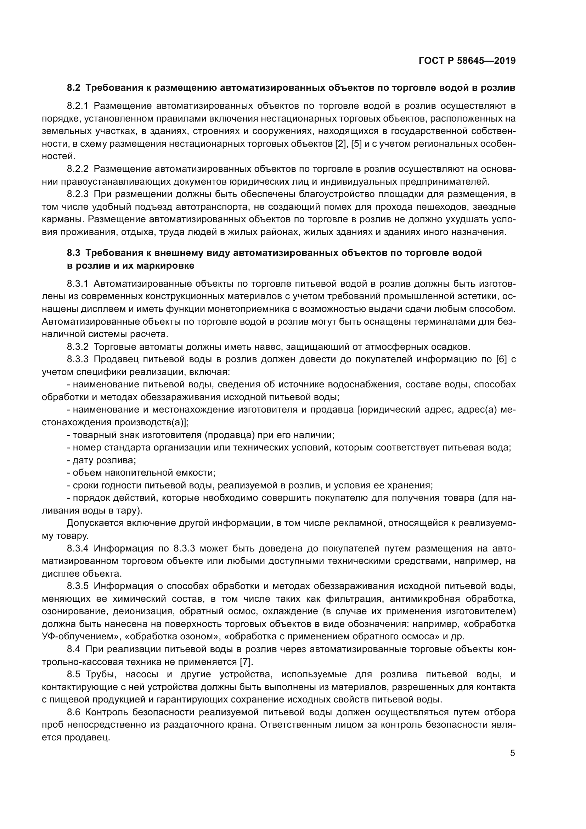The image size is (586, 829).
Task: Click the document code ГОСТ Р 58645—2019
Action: pos(467,61)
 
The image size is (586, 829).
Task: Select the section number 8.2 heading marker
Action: pos(74,88)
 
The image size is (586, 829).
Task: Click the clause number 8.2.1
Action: pos(78,106)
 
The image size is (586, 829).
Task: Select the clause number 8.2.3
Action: pos(78,195)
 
